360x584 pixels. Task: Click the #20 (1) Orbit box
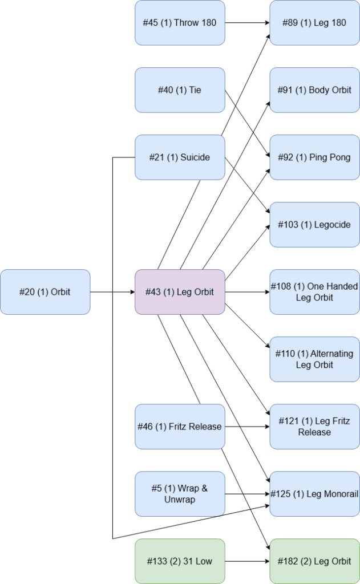point(45,292)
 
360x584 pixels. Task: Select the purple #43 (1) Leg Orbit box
point(180,292)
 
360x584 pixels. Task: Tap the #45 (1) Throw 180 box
point(180,23)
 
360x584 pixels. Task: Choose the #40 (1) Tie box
point(180,90)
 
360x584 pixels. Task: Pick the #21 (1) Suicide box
point(180,157)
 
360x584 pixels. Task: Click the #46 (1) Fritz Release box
point(180,427)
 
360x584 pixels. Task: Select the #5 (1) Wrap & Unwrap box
point(180,494)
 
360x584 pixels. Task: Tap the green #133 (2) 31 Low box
point(180,561)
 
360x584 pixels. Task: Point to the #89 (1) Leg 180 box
point(314,23)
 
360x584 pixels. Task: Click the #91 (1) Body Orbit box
point(314,90)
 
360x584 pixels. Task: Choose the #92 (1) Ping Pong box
point(314,157)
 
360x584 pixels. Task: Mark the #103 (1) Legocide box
point(314,225)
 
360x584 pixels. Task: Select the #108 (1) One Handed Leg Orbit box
point(314,292)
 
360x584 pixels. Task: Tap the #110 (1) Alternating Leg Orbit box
point(314,359)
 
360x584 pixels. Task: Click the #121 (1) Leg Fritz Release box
point(314,427)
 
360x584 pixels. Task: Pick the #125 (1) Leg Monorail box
point(314,494)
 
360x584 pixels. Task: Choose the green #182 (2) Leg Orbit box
point(314,561)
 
